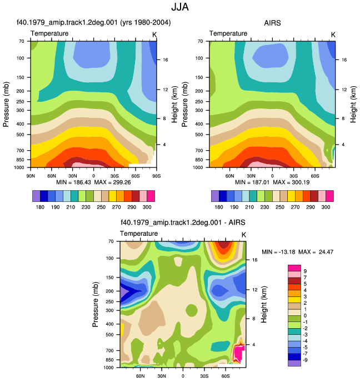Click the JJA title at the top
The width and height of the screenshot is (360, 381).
[180, 7]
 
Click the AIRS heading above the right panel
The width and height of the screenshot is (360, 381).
[272, 23]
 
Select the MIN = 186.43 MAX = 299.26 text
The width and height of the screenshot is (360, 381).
[93, 182]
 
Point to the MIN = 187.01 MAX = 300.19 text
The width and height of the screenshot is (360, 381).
[272, 182]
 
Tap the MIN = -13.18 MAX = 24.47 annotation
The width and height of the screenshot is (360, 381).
[297, 252]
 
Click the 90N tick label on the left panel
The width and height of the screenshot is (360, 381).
[31, 176]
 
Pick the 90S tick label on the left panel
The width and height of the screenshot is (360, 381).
[156, 176]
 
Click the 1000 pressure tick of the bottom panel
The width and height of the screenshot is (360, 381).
[108, 368]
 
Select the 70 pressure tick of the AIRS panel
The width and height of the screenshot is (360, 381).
[200, 41]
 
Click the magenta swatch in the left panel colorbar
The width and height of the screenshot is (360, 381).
[151, 196]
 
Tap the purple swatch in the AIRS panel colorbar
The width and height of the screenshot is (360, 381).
[215, 196]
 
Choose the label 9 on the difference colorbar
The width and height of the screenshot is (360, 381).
[305, 271]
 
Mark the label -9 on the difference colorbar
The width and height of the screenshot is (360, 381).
[304, 360]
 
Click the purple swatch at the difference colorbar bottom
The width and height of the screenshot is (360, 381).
[294, 363]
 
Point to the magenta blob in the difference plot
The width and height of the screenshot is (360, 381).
[238, 354]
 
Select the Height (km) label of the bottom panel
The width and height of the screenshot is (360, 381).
[264, 304]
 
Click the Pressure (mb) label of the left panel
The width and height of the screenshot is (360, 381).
[6, 104]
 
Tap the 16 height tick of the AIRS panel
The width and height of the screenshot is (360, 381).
[344, 60]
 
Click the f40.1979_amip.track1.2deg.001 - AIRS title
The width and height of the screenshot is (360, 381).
[183, 222]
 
